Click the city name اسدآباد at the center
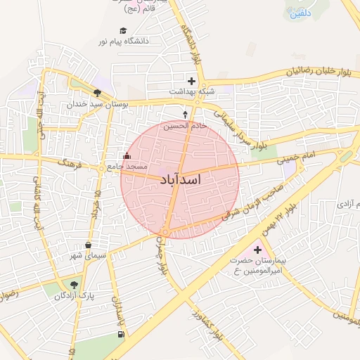pos(181,180)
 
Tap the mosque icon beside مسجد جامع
pos(127,156)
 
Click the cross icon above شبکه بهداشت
pos(191,82)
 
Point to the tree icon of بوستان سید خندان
pos(97,93)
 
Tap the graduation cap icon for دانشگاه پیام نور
pos(124,31)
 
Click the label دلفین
pos(298,12)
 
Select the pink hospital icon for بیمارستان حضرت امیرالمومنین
pos(257,250)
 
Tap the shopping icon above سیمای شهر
pos(87,245)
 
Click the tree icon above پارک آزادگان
pos(74,285)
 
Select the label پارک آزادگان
pos(75,296)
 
